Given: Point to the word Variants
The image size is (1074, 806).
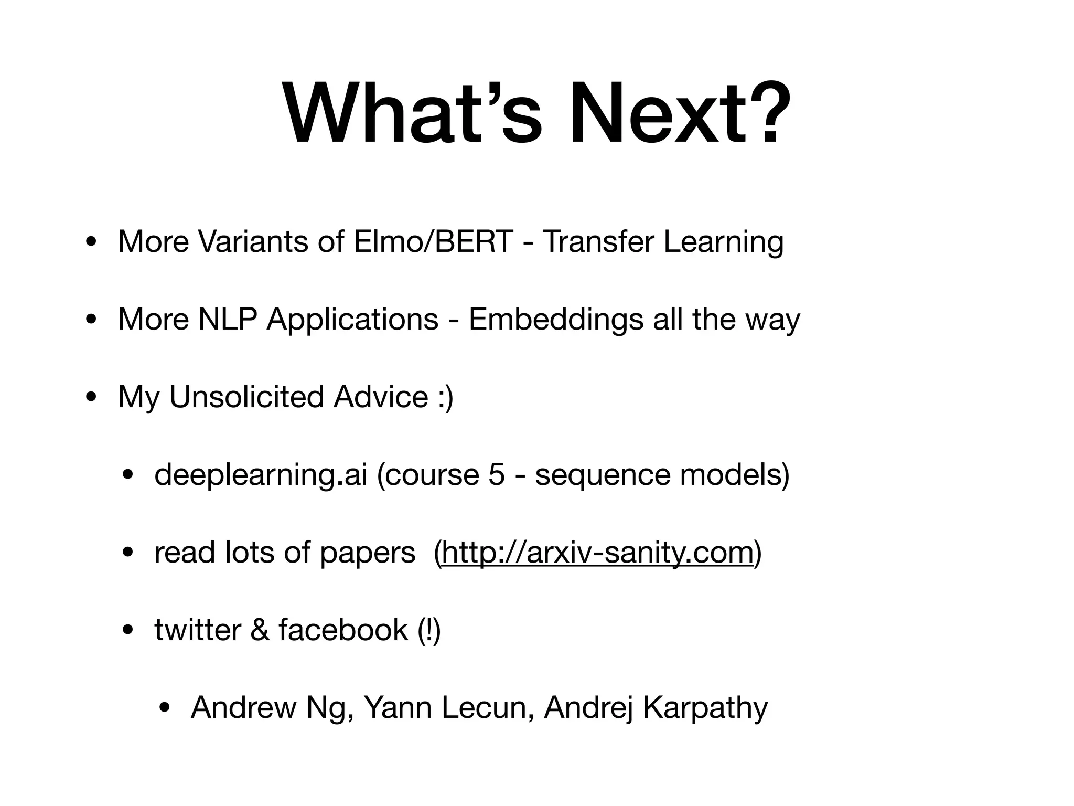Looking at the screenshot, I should [x=253, y=242].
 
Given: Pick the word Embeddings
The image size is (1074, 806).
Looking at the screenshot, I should [x=555, y=319].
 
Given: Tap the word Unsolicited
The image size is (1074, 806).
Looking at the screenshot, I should [x=246, y=397].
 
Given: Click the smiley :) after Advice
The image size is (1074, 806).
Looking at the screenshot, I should [x=445, y=397].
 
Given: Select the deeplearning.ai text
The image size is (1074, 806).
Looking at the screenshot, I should [x=261, y=474].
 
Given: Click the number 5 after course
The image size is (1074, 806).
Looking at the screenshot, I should [x=496, y=474].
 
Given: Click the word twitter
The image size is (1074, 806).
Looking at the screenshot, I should [x=197, y=630].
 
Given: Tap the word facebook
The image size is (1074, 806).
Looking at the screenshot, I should [x=343, y=630].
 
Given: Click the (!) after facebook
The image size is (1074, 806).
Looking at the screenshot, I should [x=429, y=630].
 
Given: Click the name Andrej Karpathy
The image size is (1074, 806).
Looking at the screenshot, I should [x=656, y=707].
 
